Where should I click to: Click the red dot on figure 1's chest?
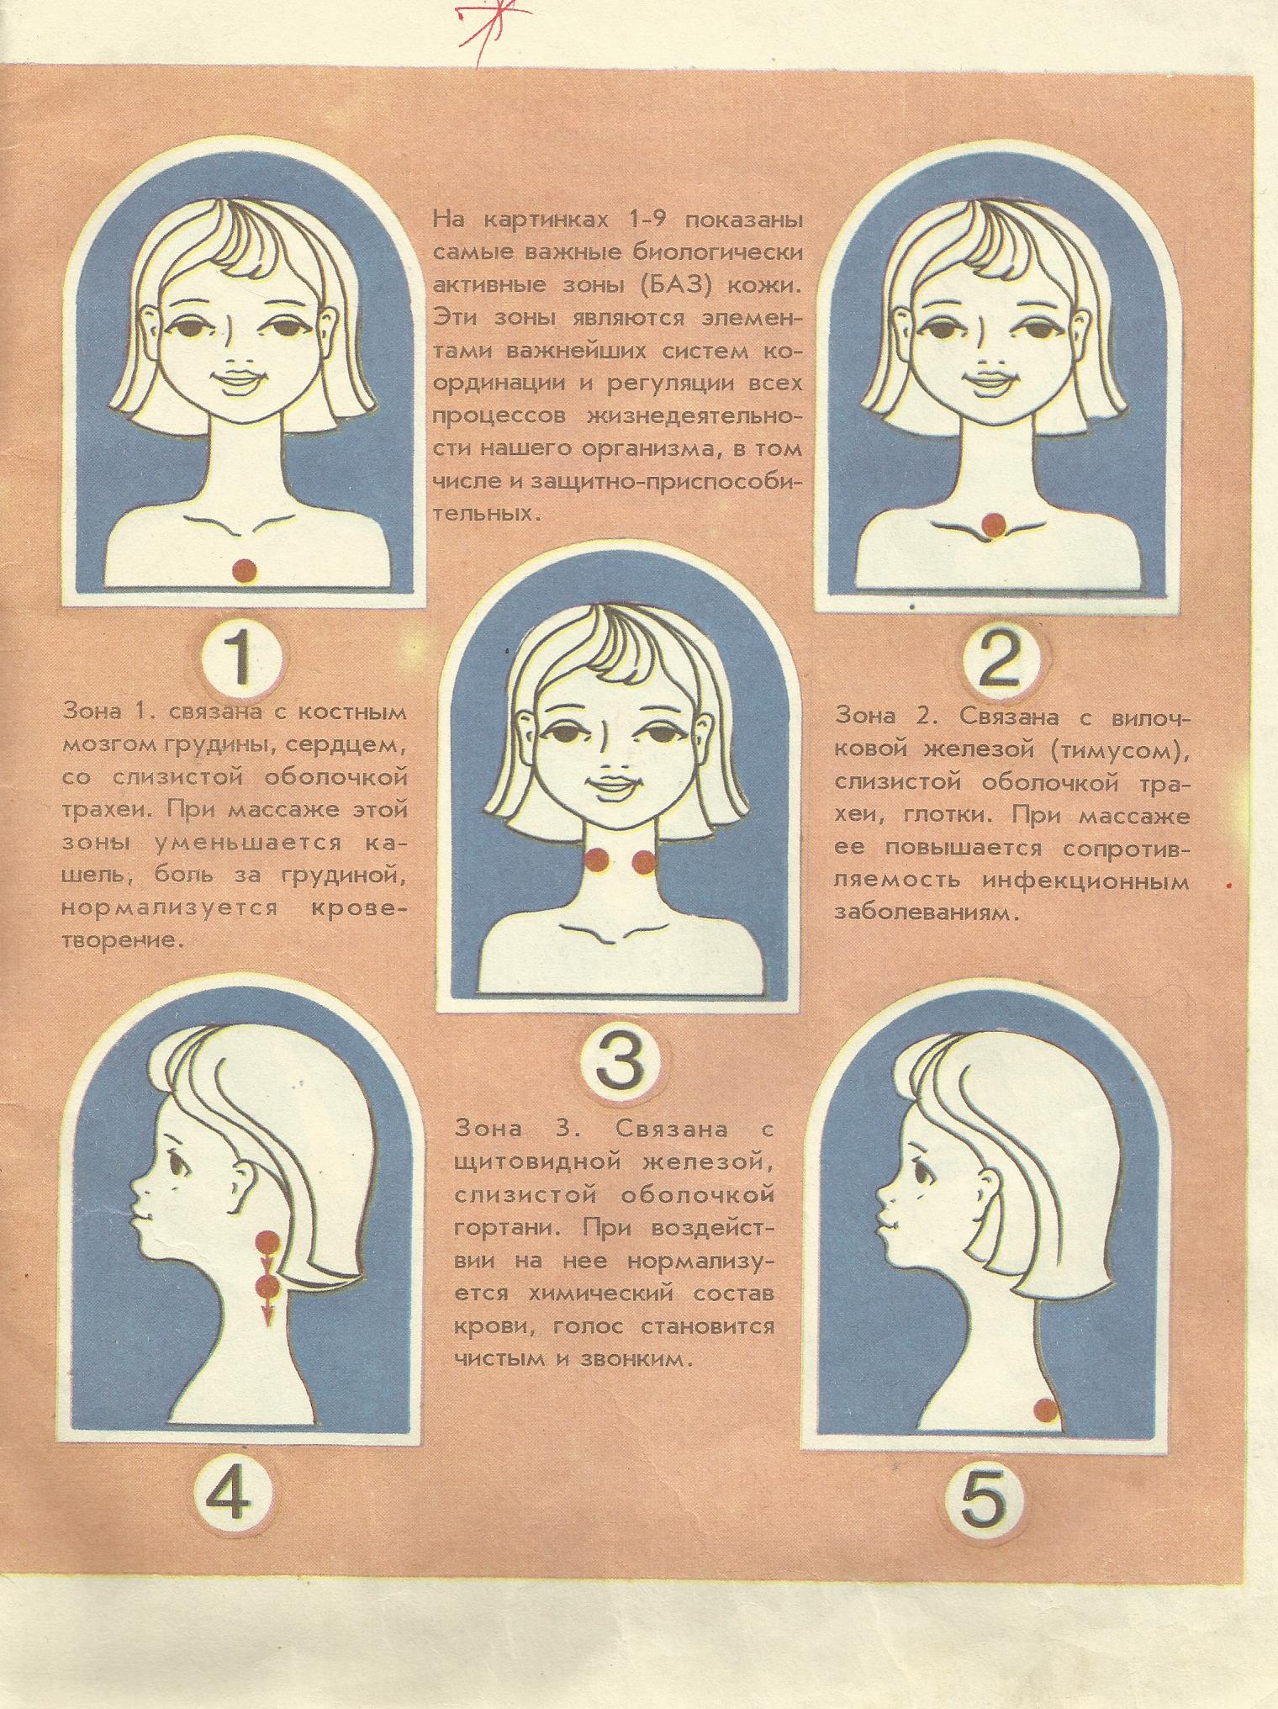tap(244, 571)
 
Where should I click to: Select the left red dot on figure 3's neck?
tap(598, 860)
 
